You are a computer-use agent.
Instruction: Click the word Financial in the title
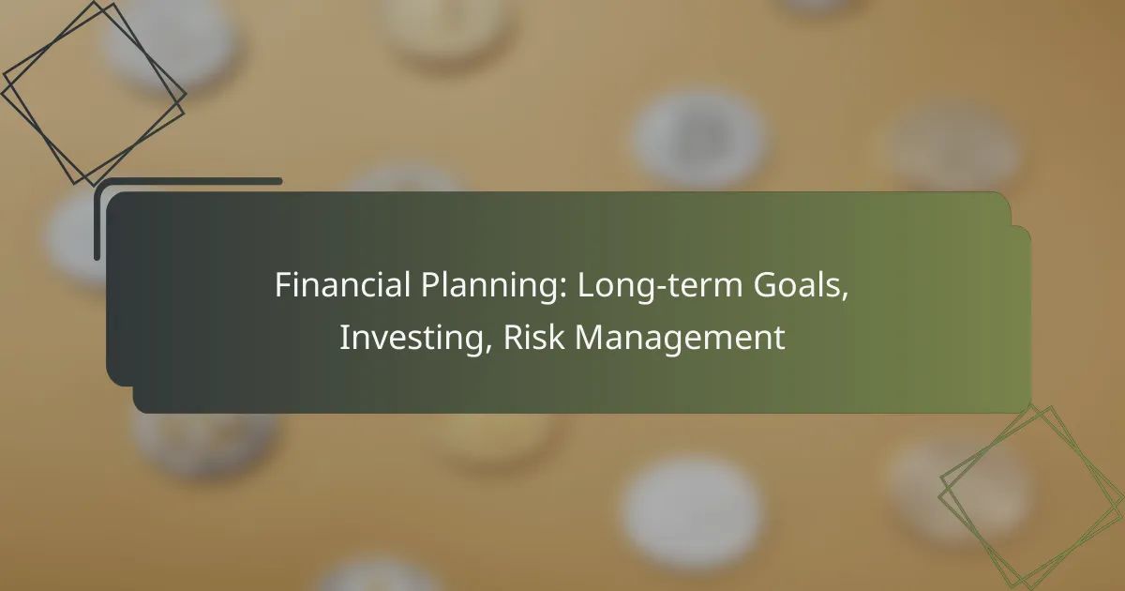coord(342,284)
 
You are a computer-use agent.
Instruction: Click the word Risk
coord(533,337)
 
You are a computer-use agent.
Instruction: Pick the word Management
coord(680,339)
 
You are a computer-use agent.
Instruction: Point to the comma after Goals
coord(845,297)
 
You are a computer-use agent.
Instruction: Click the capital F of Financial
coord(283,285)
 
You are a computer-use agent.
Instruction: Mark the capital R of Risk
coord(513,337)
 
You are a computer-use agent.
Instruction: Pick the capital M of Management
coord(590,337)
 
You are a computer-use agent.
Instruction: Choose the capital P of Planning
coord(430,285)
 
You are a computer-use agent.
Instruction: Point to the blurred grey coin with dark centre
coord(699,138)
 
